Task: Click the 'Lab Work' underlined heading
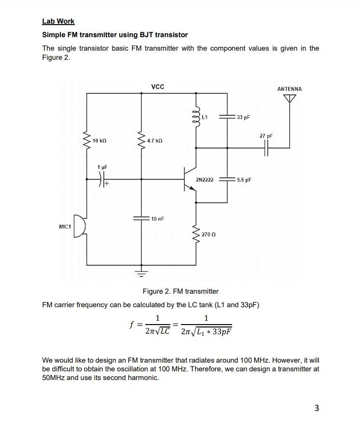(x=58, y=21)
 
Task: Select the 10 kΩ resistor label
(x=100, y=140)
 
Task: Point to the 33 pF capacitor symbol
(x=227, y=117)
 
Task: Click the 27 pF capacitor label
(x=266, y=136)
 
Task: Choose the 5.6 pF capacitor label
(x=244, y=180)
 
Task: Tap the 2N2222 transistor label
(x=205, y=180)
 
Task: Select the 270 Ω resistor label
(x=208, y=234)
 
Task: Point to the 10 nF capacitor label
(x=157, y=219)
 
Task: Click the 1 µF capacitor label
(x=102, y=167)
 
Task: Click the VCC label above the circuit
(x=157, y=87)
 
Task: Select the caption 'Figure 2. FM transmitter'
(x=180, y=291)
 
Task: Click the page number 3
(x=316, y=408)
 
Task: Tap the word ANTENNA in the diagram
(x=290, y=89)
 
